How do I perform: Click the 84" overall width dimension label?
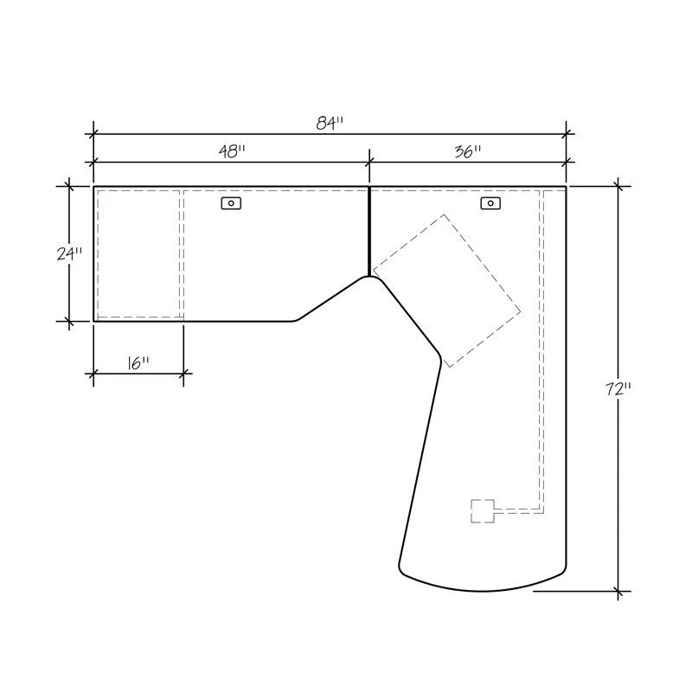pyautogui.click(x=330, y=123)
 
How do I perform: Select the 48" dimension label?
pyautogui.click(x=232, y=151)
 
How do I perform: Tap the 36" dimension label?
pyautogui.click(x=468, y=151)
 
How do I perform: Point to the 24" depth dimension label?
pyautogui.click(x=69, y=253)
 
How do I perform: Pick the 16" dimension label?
pyautogui.click(x=138, y=363)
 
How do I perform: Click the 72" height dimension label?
pyautogui.click(x=618, y=389)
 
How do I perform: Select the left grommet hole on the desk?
pyautogui.click(x=231, y=203)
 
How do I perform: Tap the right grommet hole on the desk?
pyautogui.click(x=490, y=203)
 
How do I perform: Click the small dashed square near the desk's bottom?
pyautogui.click(x=483, y=511)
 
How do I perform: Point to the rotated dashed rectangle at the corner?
pyautogui.click(x=446, y=291)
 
